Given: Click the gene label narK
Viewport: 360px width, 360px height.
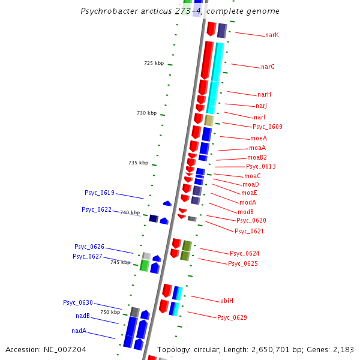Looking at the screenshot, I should click(272, 35).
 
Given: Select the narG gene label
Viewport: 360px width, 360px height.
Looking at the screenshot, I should click(268, 67).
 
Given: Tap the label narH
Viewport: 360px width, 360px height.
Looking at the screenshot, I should click(264, 94).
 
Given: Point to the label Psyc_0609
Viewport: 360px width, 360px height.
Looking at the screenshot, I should click(267, 127).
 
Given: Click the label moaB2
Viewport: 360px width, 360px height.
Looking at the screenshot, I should click(257, 157).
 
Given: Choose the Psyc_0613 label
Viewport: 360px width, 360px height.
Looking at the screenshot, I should click(261, 166).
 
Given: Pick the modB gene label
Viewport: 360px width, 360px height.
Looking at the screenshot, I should click(245, 212).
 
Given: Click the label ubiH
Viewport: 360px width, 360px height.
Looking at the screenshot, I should click(227, 300).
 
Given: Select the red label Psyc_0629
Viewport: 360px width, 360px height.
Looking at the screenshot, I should click(232, 317).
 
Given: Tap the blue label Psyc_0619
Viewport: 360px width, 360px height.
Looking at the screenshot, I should click(99, 193).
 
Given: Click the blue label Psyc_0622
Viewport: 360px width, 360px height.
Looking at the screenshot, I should click(97, 209).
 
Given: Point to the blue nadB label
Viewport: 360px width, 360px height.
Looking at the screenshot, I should click(83, 316).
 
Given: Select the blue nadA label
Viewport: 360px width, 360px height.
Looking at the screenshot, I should click(79, 331).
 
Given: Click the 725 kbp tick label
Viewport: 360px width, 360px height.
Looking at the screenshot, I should click(154, 63).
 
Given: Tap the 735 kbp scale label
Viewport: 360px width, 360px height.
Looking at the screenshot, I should click(138, 163).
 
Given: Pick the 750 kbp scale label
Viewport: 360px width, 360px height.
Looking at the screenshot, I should click(110, 312).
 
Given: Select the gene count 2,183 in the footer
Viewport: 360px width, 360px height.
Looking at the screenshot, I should click(343, 350).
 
